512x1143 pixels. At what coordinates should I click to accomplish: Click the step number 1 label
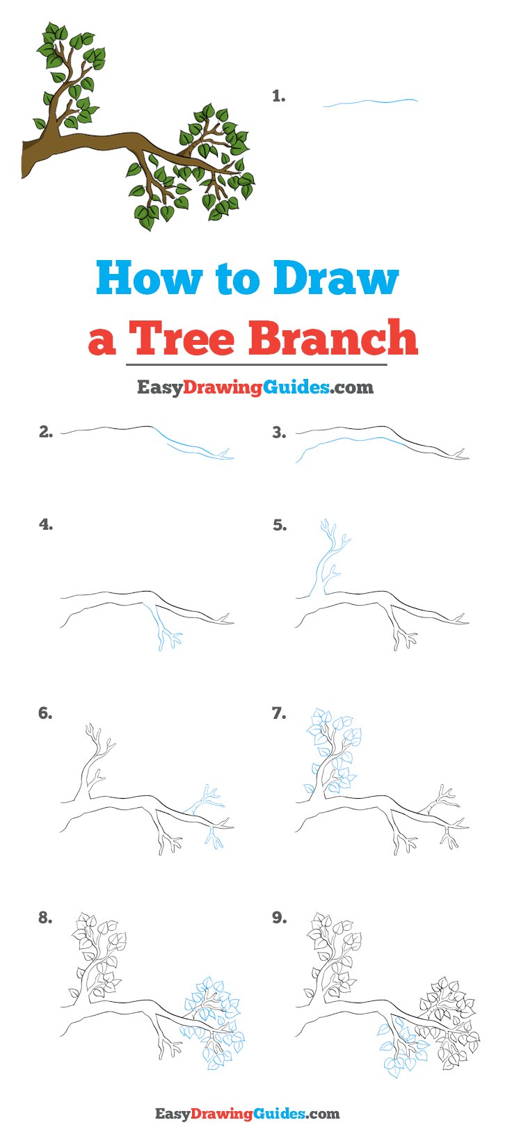coord(278,97)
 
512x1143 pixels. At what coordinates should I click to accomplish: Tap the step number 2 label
coord(45,432)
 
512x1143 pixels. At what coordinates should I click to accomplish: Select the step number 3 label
coord(279,432)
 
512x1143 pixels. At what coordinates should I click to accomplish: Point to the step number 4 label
coord(45,525)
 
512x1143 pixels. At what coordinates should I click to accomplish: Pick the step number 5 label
coord(279,525)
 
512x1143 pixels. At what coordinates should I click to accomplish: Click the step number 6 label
coord(45,713)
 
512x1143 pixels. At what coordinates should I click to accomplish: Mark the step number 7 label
coord(279,713)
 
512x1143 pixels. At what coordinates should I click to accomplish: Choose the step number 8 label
coord(45,918)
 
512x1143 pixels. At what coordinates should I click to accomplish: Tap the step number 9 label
coord(279,918)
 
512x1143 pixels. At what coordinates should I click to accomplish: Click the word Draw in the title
coord(335,278)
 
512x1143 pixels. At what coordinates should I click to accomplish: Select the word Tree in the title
coord(182,338)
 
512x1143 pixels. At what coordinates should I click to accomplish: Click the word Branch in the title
coord(333,338)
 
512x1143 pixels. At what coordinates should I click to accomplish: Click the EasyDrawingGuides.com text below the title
coord(255,387)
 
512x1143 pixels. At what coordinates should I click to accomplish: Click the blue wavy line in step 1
coord(370,103)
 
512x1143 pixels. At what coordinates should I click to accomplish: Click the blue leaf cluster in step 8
coord(212,1022)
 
